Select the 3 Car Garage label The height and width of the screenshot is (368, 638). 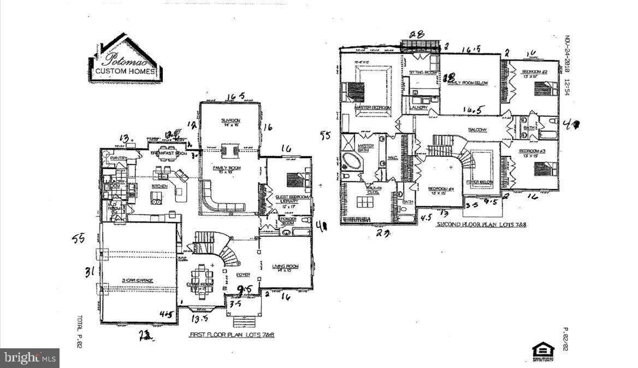coord(137,281)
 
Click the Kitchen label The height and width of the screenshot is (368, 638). coord(159,186)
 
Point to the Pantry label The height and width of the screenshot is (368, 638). coord(118,159)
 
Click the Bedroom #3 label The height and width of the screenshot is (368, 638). coord(530,151)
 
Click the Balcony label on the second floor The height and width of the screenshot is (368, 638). coord(477,130)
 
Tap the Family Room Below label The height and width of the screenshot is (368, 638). coord(468,83)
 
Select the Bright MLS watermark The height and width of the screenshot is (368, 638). coord(30,358)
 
